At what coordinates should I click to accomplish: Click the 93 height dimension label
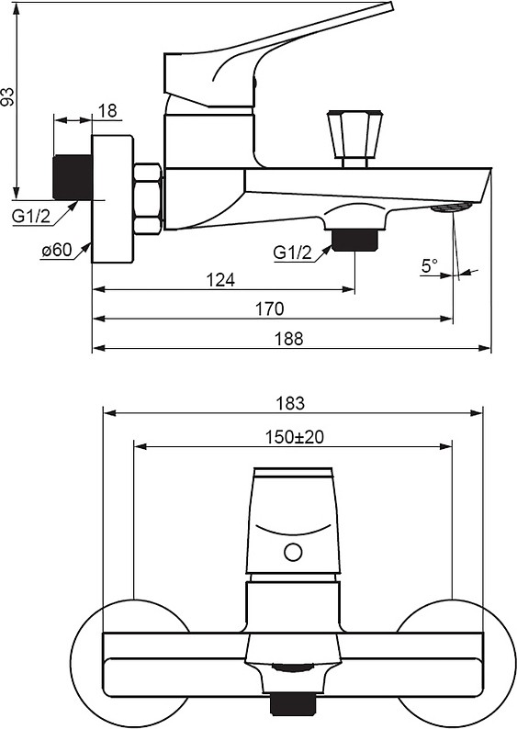(8, 96)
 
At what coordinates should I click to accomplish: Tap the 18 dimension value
(107, 111)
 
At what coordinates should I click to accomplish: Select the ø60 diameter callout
(57, 250)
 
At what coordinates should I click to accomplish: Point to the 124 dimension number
(220, 280)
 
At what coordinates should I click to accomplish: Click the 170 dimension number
(269, 308)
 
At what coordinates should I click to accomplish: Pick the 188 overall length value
(288, 339)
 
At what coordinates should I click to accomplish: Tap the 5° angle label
(430, 266)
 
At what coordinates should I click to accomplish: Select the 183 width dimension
(290, 403)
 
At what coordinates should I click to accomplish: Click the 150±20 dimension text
(294, 437)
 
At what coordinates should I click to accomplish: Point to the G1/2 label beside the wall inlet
(31, 216)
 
